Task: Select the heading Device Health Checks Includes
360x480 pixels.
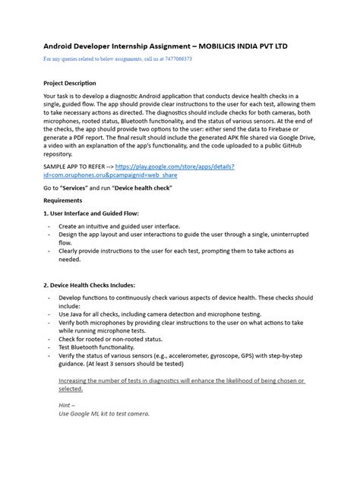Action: [93, 285]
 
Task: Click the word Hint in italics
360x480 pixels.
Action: [66, 406]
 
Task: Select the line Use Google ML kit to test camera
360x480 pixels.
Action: [104, 414]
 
